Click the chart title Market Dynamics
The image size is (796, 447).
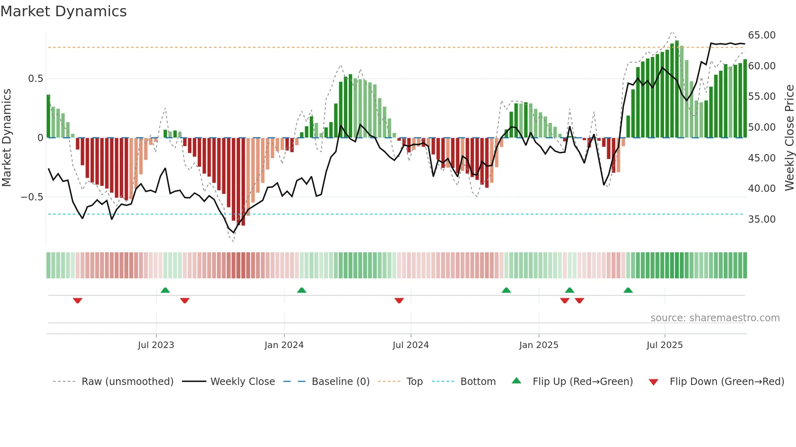pyautogui.click(x=63, y=11)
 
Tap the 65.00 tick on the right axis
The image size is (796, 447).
pyautogui.click(x=761, y=35)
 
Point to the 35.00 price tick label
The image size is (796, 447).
pyautogui.click(x=761, y=219)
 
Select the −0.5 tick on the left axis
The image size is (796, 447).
pyautogui.click(x=32, y=197)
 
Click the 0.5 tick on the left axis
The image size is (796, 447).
pyautogui.click(x=35, y=79)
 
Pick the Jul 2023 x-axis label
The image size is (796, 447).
pyautogui.click(x=156, y=345)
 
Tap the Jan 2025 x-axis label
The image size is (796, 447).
pyautogui.click(x=539, y=345)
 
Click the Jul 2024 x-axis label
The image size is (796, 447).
pyautogui.click(x=411, y=345)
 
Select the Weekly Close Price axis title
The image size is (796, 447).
pyautogui.click(x=789, y=138)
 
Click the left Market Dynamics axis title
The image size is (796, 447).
pyautogui.click(x=6, y=138)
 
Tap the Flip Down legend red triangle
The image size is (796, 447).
pyautogui.click(x=653, y=382)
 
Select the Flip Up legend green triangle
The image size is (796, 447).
pyautogui.click(x=516, y=381)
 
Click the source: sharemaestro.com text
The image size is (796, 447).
pyautogui.click(x=715, y=318)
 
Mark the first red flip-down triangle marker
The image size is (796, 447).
pyautogui.click(x=78, y=301)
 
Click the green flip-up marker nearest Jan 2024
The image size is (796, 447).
pyautogui.click(x=301, y=290)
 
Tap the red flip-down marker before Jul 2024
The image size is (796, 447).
pyautogui.click(x=399, y=301)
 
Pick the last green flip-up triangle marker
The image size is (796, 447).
pyautogui.click(x=628, y=290)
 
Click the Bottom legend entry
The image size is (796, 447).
pyautogui.click(x=478, y=382)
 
